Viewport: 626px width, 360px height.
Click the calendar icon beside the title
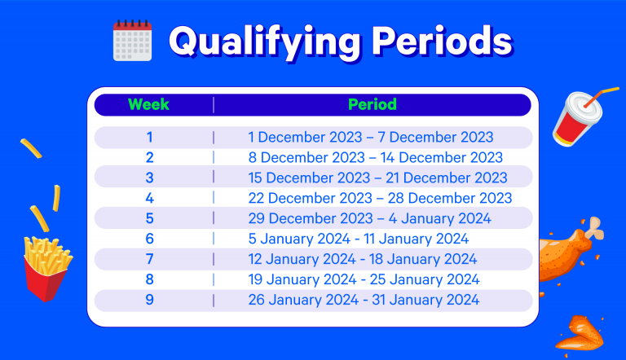click(x=133, y=40)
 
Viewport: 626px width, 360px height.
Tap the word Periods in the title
click(x=443, y=41)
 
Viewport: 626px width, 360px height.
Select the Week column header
click(x=148, y=104)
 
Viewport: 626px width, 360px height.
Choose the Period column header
click(x=373, y=104)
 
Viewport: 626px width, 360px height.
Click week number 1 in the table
click(x=150, y=138)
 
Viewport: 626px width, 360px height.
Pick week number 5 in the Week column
click(x=150, y=218)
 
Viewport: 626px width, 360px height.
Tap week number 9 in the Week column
click(x=150, y=300)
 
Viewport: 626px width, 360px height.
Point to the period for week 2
click(x=375, y=158)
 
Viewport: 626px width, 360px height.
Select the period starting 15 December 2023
click(x=377, y=178)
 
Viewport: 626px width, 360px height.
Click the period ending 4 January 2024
click(x=370, y=219)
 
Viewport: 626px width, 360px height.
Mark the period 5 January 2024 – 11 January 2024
click(x=359, y=239)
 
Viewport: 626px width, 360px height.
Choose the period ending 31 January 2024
click(x=364, y=300)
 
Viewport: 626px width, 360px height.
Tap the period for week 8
click(x=364, y=280)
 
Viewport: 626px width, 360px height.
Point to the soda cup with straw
click(x=578, y=118)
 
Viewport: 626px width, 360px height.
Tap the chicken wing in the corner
click(x=580, y=334)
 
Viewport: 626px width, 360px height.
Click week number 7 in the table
click(x=150, y=259)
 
